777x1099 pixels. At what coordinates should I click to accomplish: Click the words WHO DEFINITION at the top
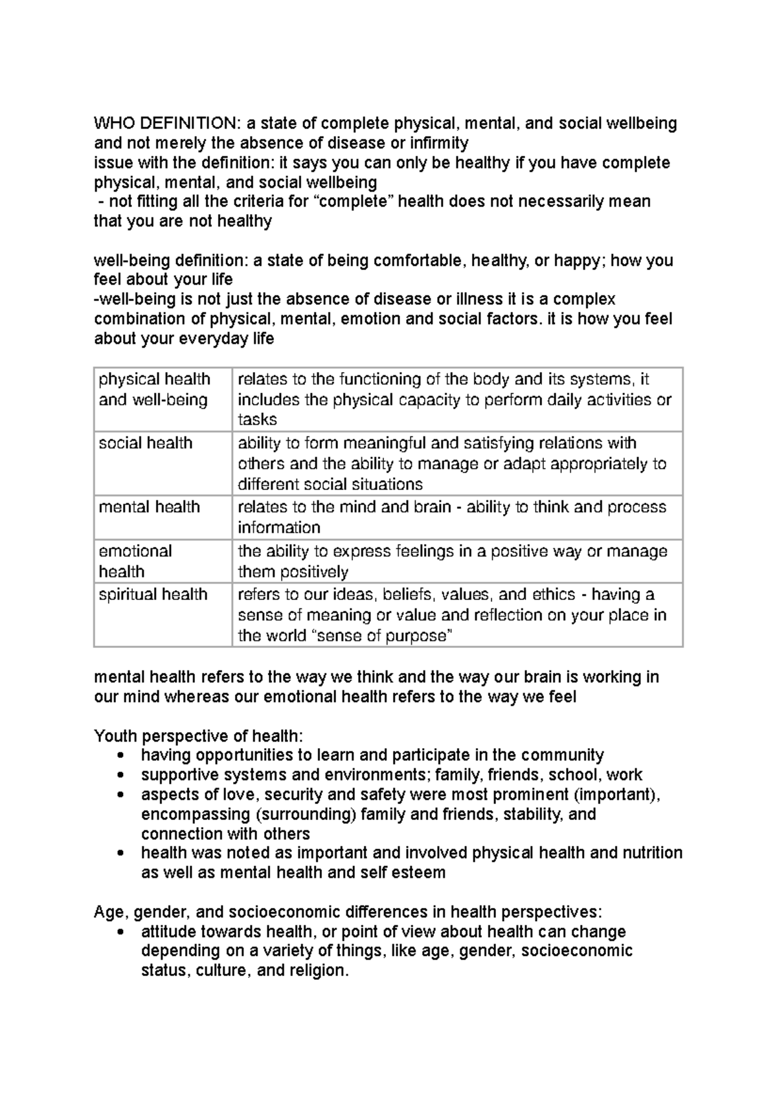[166, 123]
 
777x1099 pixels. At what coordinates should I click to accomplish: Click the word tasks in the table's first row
[257, 419]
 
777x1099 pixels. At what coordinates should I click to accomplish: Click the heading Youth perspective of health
[198, 736]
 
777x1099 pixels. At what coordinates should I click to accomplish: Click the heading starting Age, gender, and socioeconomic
[348, 912]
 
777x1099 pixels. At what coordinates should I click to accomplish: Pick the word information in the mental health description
[279, 527]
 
